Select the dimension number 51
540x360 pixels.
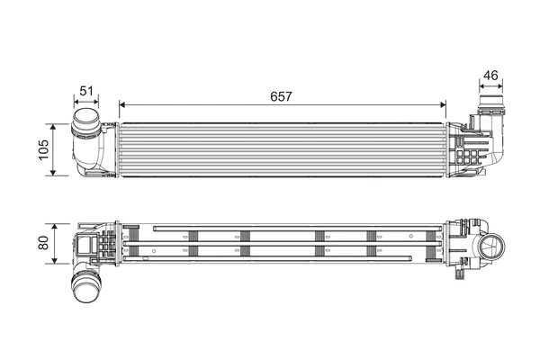pyautogui.click(x=86, y=90)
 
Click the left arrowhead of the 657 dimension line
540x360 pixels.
pyautogui.click(x=122, y=103)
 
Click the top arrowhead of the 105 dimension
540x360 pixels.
pyautogui.click(x=56, y=125)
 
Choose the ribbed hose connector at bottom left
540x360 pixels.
pyautogui.click(x=85, y=290)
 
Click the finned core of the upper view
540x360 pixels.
pyautogui.click(x=282, y=148)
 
